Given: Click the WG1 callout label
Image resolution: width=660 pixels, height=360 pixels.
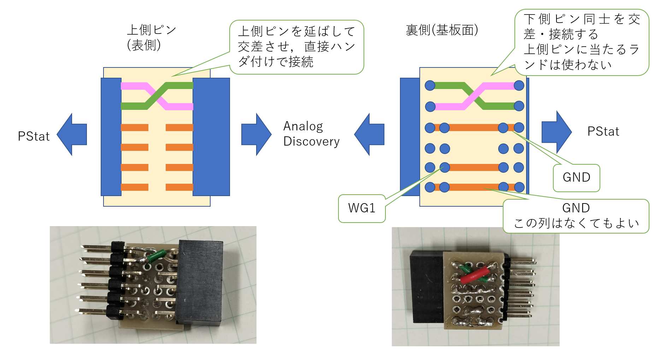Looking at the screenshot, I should (x=361, y=208).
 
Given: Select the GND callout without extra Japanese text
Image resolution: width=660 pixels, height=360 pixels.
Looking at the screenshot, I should (x=576, y=177).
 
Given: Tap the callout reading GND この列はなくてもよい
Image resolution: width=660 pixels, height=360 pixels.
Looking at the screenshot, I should (x=576, y=216).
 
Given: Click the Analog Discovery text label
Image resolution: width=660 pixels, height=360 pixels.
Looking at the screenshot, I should (x=311, y=134).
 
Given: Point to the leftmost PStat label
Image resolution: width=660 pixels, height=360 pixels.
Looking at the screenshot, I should (x=34, y=136).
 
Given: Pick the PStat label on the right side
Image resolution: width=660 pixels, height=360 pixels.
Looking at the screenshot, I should (x=603, y=131).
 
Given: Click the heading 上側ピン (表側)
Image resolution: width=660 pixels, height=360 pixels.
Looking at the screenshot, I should (x=151, y=37).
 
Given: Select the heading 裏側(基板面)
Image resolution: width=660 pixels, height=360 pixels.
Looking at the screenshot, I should (x=442, y=30).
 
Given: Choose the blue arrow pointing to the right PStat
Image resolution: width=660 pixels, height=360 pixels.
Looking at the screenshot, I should (x=556, y=132).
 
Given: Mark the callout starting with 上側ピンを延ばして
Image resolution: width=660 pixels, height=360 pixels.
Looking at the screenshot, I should (x=296, y=47).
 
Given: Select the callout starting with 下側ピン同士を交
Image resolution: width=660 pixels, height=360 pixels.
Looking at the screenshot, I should (x=582, y=42).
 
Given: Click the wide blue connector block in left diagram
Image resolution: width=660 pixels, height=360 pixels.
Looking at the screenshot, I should (x=211, y=137).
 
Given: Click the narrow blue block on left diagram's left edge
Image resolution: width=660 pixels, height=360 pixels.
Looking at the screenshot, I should (x=111, y=137).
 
